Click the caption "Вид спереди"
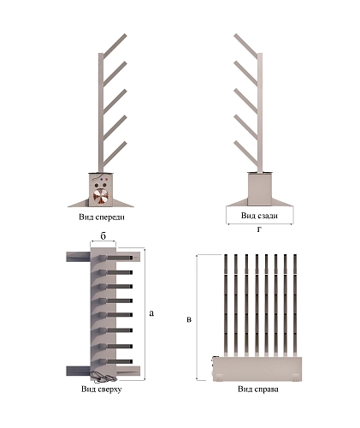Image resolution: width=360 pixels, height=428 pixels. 102,217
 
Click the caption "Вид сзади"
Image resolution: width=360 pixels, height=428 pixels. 259,216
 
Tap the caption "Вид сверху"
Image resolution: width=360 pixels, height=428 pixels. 102,389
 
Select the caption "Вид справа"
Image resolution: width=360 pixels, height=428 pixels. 258,389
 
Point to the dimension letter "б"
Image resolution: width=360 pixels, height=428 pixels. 103,235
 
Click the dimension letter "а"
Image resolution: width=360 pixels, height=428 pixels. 151,313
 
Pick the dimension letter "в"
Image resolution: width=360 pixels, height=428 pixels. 189,319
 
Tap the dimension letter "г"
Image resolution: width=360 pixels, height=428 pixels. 259,229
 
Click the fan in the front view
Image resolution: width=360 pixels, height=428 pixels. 101,197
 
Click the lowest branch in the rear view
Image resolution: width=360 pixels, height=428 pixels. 245,153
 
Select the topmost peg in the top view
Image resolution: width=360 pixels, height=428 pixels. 116,258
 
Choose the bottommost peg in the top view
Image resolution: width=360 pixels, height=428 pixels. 116,361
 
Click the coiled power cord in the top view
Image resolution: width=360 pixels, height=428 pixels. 102,377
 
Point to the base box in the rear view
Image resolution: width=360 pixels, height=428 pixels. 259,189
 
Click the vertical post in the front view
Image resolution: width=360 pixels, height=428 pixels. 101,113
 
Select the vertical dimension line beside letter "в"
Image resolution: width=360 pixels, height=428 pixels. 198,317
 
